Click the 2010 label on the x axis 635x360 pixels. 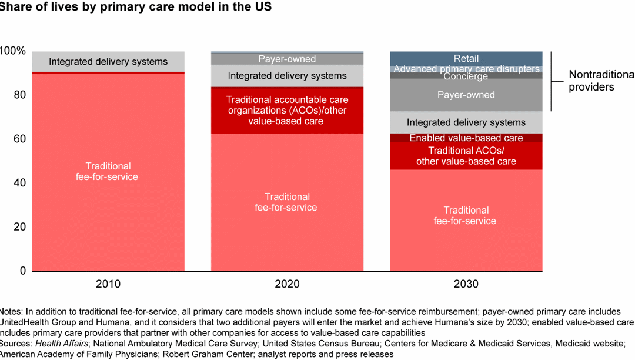(108, 284)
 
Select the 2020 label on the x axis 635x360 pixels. (287, 284)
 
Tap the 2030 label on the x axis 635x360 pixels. (466, 284)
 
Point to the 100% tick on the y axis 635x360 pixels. (13, 51)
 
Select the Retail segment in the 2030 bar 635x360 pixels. (466, 59)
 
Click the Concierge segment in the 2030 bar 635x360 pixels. (466, 76)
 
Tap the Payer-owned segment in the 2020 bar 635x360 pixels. (287, 59)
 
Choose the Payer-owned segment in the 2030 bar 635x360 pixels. (466, 95)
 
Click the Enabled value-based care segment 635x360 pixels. (466, 138)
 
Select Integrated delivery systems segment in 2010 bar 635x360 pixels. (108, 62)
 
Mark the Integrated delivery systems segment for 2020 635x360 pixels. (287, 76)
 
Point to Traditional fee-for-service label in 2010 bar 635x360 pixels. (108, 171)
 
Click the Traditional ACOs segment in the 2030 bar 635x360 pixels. (466, 156)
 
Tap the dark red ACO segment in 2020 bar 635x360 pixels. (287, 111)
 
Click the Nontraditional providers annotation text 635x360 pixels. (600, 81)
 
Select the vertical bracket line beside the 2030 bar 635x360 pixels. (551, 81)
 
